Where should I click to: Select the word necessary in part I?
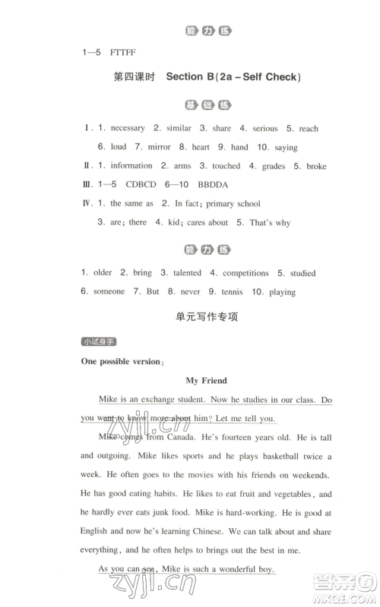click(127, 128)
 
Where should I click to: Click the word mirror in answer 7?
click(157, 147)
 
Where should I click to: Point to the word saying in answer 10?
click(282, 147)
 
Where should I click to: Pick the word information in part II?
click(131, 165)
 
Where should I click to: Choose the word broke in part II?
click(315, 166)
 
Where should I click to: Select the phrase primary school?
click(231, 203)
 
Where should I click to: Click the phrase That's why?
click(269, 222)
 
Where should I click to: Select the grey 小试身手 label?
click(99, 342)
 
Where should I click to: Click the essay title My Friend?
click(206, 380)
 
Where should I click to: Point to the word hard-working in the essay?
click(249, 513)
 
